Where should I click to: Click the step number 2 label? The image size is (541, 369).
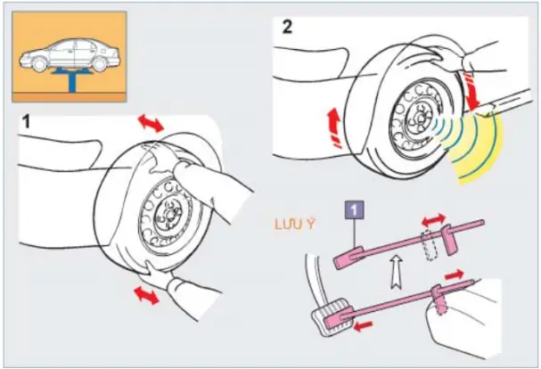287,25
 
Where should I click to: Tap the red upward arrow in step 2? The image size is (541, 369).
331,125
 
